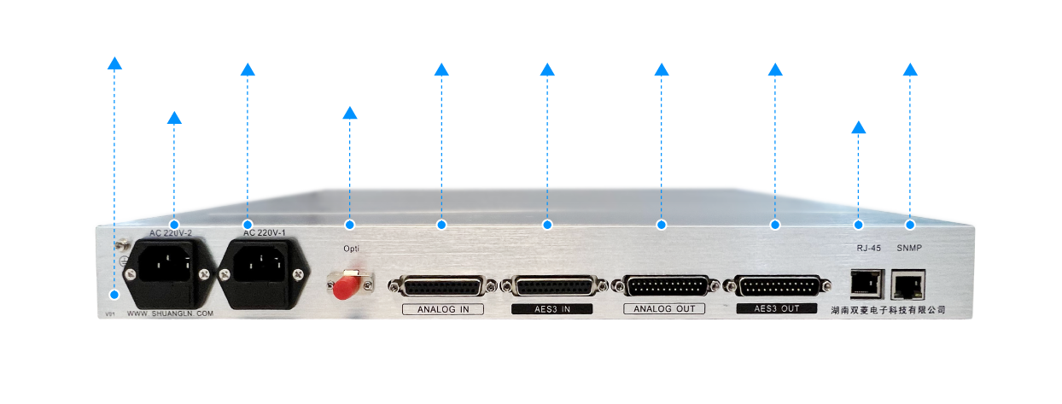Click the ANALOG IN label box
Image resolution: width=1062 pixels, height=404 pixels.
[443, 309]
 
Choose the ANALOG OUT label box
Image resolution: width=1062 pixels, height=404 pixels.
[664, 308]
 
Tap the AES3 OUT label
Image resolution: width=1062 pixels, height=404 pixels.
[776, 308]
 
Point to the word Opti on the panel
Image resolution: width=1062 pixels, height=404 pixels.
[351, 249]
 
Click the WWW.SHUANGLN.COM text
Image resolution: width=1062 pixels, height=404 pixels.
[170, 314]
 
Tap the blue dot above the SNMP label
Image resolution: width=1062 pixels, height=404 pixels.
[910, 225]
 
